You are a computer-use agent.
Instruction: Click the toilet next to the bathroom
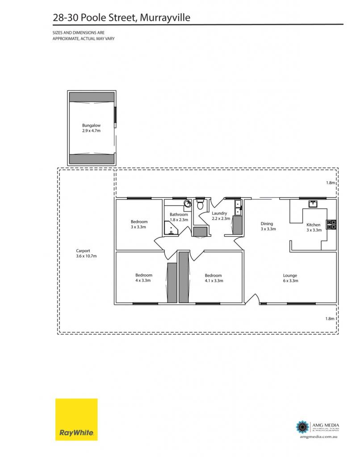pyautogui.click(x=200, y=204)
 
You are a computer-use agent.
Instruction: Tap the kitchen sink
pyautogui.click(x=313, y=204)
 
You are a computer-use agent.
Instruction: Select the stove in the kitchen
pyautogui.click(x=331, y=224)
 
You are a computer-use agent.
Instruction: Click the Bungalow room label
pyautogui.click(x=91, y=125)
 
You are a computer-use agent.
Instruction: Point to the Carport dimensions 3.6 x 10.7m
pyautogui.click(x=86, y=256)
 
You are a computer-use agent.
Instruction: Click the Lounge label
pyautogui.click(x=290, y=275)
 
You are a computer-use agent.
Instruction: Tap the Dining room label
pyautogui.click(x=267, y=224)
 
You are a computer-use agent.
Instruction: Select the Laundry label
pyautogui.click(x=219, y=213)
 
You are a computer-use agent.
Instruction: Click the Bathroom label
pyautogui.click(x=179, y=215)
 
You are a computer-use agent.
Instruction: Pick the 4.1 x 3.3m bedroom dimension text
pyautogui.click(x=214, y=281)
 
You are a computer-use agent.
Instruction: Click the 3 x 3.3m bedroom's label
pyautogui.click(x=139, y=221)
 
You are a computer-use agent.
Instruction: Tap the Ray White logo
pyautogui.click(x=76, y=420)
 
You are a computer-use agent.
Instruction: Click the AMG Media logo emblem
pyautogui.click(x=302, y=427)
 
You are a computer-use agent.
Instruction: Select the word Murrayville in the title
pyautogui.click(x=165, y=17)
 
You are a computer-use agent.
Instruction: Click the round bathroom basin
pyautogui.click(x=187, y=204)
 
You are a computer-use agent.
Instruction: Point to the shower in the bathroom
pyautogui.click(x=170, y=228)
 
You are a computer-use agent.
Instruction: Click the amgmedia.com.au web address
pyautogui.click(x=318, y=436)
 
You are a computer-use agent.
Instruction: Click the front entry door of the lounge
pyautogui.click(x=253, y=299)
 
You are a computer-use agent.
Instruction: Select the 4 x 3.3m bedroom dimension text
pyautogui.click(x=143, y=280)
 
